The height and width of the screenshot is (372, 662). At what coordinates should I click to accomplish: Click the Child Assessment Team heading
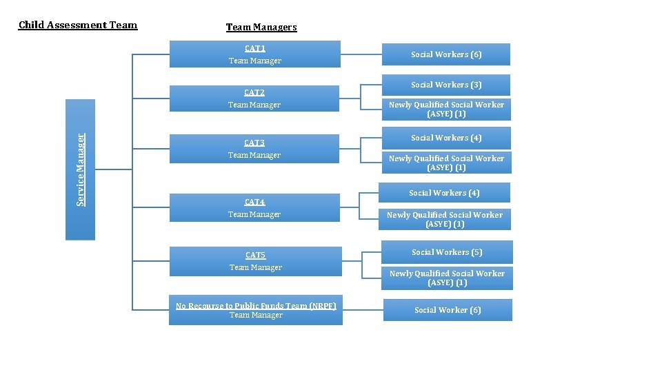tap(78, 25)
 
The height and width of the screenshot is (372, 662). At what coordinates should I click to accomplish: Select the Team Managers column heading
tap(261, 28)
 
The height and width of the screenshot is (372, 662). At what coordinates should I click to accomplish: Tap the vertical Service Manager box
tap(80, 169)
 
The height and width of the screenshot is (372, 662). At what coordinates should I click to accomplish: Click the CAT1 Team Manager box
tap(255, 54)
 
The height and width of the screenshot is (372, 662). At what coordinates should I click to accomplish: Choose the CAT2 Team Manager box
tap(254, 99)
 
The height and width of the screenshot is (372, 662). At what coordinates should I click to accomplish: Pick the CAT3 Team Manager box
tap(254, 149)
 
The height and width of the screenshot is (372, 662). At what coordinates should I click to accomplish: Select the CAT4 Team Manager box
tap(254, 208)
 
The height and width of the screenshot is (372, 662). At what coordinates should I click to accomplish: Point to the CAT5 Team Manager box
tap(255, 262)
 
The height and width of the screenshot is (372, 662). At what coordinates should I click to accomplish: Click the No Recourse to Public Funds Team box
tap(256, 311)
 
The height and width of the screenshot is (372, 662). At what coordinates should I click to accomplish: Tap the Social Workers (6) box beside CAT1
tap(446, 54)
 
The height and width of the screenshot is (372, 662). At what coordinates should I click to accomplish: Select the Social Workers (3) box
tap(446, 85)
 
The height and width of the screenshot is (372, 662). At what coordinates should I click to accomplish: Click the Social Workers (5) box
tap(447, 252)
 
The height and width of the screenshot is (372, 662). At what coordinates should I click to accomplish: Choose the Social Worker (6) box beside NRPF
tap(448, 310)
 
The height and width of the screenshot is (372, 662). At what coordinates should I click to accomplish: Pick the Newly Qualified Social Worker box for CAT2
tap(446, 109)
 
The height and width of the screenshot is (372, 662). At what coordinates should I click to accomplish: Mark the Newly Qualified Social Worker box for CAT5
tap(447, 278)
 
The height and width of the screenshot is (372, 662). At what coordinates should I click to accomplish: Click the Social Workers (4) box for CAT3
tap(446, 138)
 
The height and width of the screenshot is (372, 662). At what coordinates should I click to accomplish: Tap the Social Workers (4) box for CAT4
tap(444, 193)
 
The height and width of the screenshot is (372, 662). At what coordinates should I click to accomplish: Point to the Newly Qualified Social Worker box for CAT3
tap(446, 163)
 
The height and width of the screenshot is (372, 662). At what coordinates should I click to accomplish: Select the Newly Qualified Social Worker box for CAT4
tap(445, 219)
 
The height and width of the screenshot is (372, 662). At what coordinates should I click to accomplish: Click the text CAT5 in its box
tap(255, 256)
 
